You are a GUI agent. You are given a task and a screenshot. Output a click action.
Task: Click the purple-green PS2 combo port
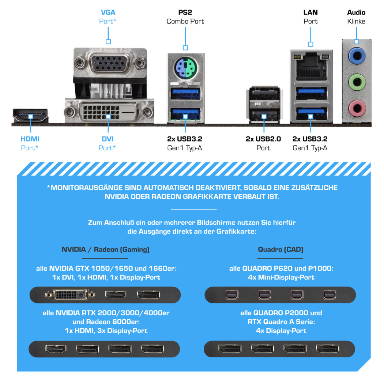(185, 67)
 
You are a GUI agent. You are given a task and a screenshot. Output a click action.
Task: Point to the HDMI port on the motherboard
(31, 115)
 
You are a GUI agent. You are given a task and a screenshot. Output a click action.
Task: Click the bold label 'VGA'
(108, 12)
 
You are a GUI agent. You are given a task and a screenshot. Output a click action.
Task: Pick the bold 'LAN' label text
(310, 12)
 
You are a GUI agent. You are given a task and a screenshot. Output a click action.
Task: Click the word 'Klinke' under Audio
(356, 21)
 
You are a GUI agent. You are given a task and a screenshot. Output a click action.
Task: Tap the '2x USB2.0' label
(263, 139)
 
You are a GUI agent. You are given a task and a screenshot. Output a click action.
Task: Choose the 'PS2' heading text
(185, 12)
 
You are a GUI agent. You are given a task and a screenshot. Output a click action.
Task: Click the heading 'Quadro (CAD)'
(281, 250)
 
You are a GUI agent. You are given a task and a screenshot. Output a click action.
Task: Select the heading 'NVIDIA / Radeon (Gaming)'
(105, 250)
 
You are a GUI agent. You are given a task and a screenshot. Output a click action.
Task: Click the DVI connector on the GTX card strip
(70, 294)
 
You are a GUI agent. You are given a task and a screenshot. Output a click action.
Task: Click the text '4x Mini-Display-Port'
(281, 277)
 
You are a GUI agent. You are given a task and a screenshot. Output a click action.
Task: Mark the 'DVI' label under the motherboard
(108, 139)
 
